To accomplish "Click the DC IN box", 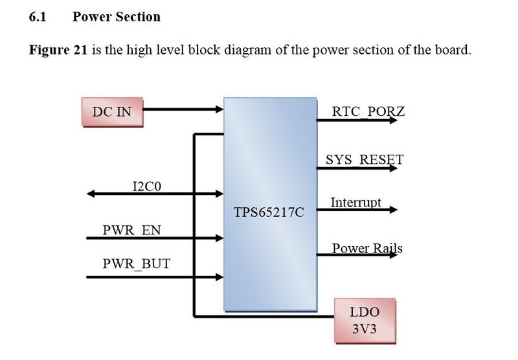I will (x=111, y=112).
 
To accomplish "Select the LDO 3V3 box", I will (x=364, y=320).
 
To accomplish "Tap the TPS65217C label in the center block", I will (x=270, y=212).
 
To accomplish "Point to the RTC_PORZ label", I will (x=368, y=111).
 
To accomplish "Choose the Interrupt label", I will (x=355, y=203).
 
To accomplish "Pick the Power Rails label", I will (x=366, y=248).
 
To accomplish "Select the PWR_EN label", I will (x=131, y=230).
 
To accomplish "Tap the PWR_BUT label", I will (x=137, y=264).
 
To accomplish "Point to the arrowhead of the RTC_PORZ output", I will (x=396, y=120).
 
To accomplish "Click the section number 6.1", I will (x=38, y=17).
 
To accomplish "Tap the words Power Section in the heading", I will (x=117, y=17).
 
